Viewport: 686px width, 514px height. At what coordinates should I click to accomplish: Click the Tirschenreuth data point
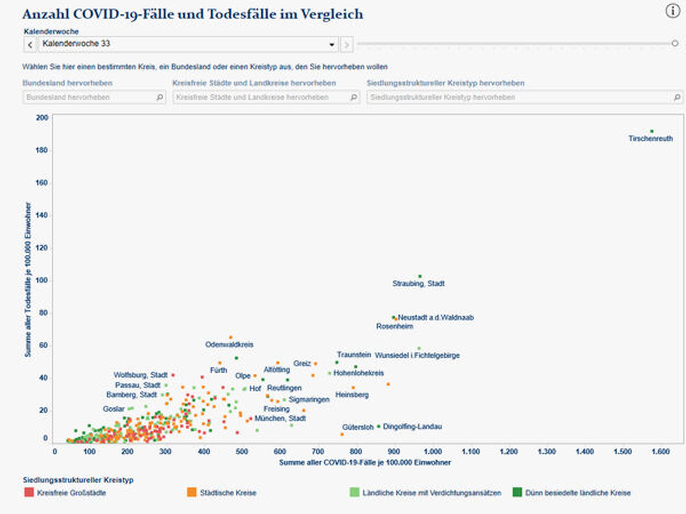[652, 131]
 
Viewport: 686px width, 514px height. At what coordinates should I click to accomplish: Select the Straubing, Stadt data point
[420, 276]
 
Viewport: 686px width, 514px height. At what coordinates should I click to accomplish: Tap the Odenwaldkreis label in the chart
[229, 344]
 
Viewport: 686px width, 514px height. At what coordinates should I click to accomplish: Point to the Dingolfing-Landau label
[412, 426]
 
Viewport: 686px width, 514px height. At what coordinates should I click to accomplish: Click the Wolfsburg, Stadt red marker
[173, 375]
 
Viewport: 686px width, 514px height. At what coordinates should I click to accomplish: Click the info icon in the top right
[672, 11]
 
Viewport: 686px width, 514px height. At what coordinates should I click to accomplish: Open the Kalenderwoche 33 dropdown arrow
[331, 45]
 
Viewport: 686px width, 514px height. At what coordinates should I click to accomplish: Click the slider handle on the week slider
[675, 43]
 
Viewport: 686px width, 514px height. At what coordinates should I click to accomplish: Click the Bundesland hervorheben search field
[90, 97]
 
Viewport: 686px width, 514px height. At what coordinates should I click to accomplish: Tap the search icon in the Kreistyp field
[677, 97]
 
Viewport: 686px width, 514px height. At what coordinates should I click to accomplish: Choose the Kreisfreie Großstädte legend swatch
[29, 492]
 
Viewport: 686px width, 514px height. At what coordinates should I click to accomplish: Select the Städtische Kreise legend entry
[228, 493]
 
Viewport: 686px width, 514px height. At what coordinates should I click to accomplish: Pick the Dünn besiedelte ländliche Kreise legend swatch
[517, 492]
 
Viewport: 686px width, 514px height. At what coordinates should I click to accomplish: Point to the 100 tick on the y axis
[42, 280]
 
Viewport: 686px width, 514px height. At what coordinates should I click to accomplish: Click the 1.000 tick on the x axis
[433, 452]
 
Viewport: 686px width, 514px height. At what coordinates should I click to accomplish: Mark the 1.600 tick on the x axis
[661, 452]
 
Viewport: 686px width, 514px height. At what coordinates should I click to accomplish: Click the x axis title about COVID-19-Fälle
[365, 463]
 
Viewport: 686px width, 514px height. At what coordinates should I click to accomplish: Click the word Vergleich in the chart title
[332, 14]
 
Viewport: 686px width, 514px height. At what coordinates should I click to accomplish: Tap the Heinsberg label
[352, 395]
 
